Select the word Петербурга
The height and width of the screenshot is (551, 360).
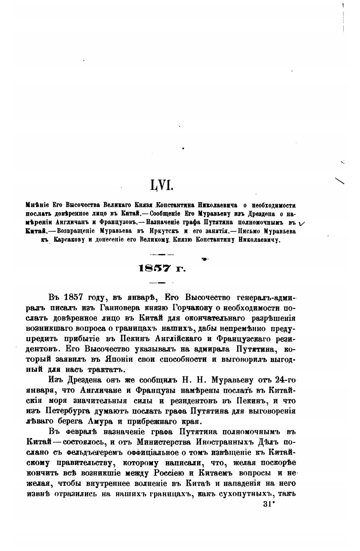72,411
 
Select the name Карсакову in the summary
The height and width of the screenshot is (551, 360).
69,240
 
